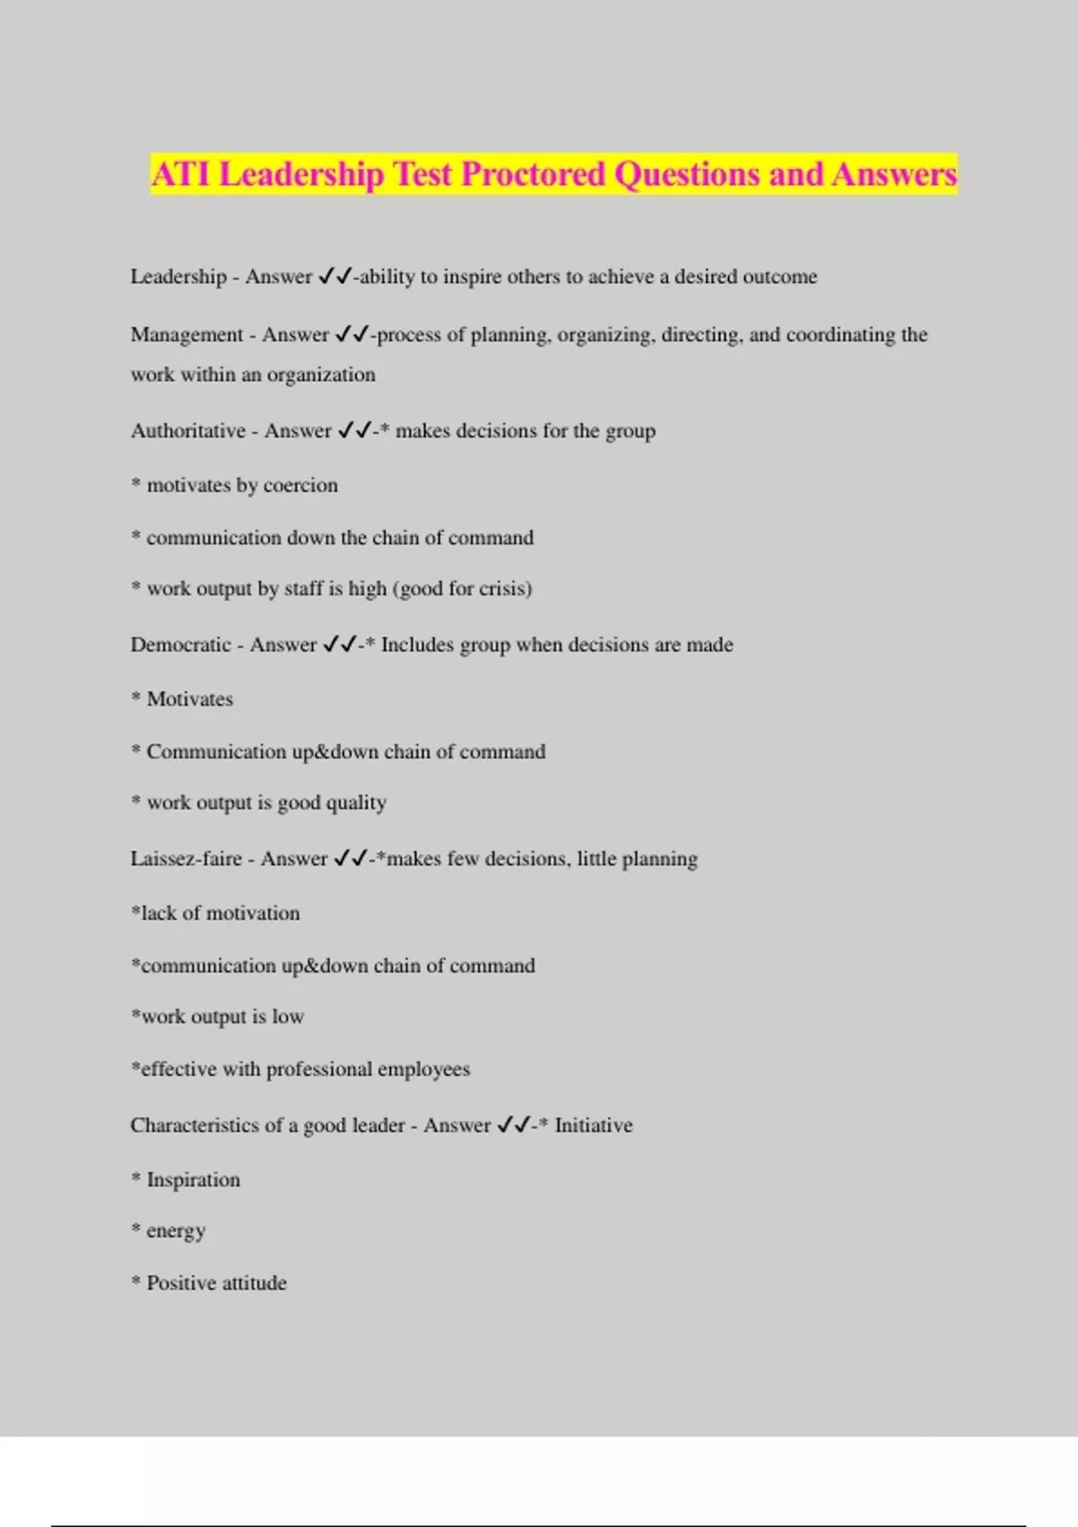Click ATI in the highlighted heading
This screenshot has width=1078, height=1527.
click(x=180, y=173)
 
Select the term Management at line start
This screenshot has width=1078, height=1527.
click(x=187, y=335)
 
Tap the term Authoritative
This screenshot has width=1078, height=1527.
click(x=188, y=431)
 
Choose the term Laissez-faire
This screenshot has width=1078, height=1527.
click(x=186, y=859)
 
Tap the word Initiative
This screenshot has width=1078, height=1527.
click(x=593, y=1125)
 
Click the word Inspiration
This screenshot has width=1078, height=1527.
click(x=193, y=1179)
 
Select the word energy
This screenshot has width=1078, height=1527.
click(x=175, y=1231)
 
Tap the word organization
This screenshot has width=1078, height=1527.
click(x=321, y=375)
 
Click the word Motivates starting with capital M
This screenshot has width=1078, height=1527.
click(x=190, y=699)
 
